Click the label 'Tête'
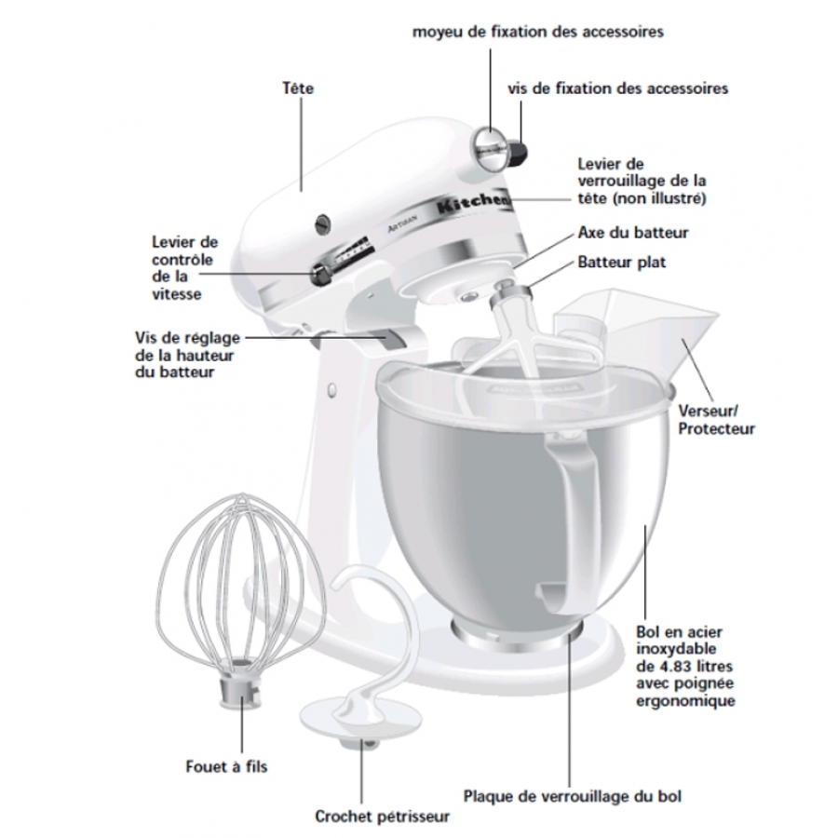[298, 89]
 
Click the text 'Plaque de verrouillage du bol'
[573, 796]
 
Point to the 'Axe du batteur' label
[633, 233]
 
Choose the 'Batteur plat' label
[622, 263]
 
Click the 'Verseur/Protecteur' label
[715, 419]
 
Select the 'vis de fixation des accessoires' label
[617, 88]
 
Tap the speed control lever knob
[319, 273]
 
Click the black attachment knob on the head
[518, 150]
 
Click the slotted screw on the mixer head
[324, 223]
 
